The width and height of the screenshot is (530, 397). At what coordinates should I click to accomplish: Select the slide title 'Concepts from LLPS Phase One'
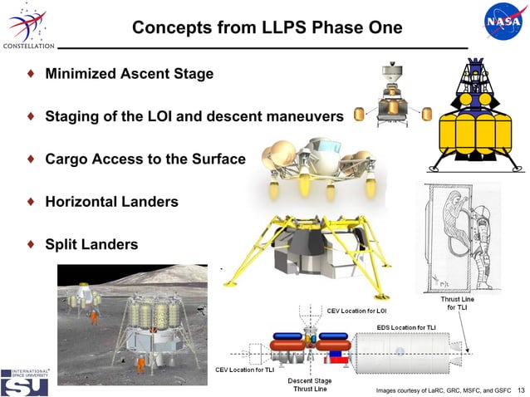point(267,27)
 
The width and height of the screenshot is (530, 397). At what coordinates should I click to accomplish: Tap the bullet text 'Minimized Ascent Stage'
point(129,74)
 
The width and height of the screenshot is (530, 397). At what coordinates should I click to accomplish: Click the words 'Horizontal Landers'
point(111,202)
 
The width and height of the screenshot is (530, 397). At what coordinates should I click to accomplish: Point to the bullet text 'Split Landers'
point(91,244)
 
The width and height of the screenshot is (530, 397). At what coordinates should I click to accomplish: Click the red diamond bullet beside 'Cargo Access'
point(31,159)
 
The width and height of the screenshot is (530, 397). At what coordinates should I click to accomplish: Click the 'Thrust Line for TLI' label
point(456,302)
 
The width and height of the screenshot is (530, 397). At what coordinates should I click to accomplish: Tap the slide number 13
point(521,390)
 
